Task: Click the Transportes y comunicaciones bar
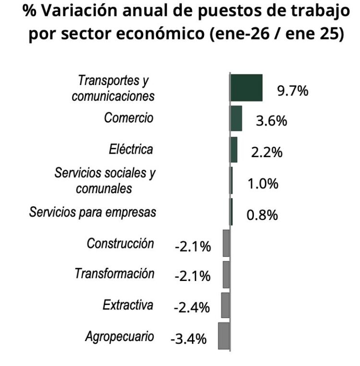tap(246, 87)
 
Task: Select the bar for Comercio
tap(236, 118)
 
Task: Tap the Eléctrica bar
tap(234, 149)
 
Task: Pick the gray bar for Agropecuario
tap(224, 336)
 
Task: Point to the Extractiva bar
tap(226, 305)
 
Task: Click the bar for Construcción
tap(226, 243)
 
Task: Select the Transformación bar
tap(226, 274)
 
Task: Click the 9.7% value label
tap(292, 91)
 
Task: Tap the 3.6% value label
tap(271, 121)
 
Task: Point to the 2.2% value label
tap(266, 152)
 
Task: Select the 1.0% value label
tap(263, 183)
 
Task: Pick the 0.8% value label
tap(262, 215)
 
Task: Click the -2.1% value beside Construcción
tap(192, 246)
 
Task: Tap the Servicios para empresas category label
tap(92, 212)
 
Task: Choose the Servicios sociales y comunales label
tap(105, 181)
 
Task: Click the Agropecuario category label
tap(120, 336)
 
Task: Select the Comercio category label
tap(129, 118)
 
